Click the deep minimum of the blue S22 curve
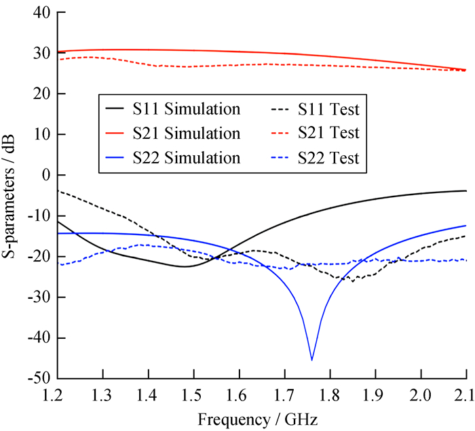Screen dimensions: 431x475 point(311,359)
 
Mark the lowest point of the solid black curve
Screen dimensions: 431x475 point(185,266)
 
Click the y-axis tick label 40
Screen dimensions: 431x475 point(43,13)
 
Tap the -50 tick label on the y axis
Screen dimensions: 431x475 point(39,378)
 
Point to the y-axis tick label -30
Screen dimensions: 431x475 point(39,297)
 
